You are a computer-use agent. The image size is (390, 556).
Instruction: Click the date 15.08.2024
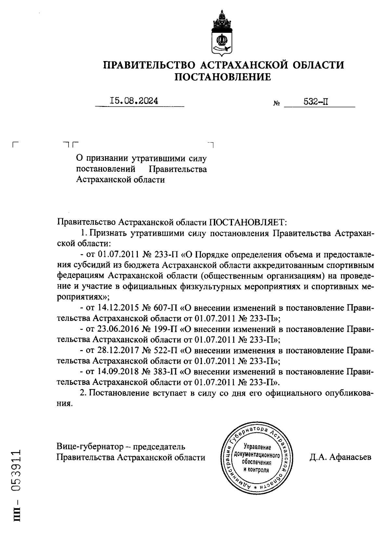point(134,101)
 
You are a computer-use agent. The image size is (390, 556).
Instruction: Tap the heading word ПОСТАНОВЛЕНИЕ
point(223,77)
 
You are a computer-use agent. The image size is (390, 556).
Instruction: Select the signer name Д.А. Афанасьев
point(340,457)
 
